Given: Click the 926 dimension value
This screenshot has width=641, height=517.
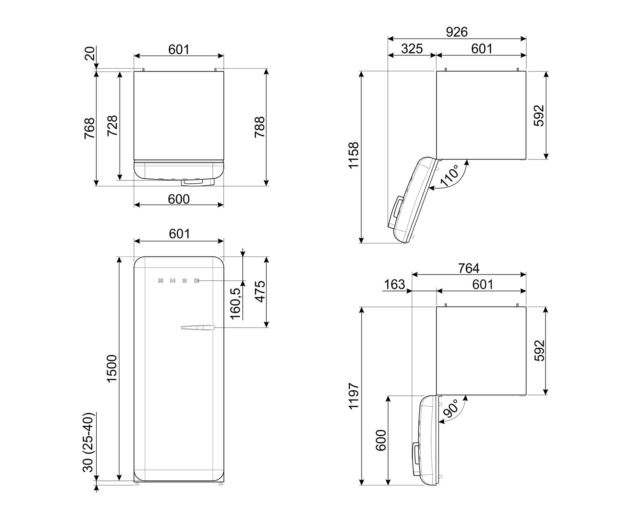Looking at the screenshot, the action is tap(457, 32).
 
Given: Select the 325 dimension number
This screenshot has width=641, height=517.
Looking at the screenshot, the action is tap(412, 48).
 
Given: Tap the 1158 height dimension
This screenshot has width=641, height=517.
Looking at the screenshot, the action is tap(353, 155).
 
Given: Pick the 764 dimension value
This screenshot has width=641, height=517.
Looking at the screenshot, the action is tap(469, 268).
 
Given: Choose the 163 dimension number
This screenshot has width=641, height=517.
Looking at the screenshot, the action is tap(395, 284).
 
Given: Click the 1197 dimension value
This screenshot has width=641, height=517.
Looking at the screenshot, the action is tap(353, 396).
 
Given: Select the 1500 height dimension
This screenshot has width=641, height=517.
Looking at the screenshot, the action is tap(111, 369).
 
